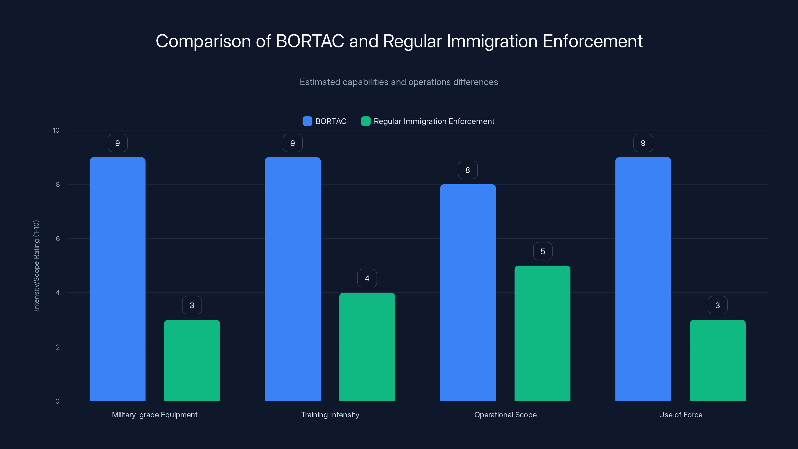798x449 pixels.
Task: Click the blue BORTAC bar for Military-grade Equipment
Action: point(117,279)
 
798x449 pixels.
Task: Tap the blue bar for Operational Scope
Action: point(468,293)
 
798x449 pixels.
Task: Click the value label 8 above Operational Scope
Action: point(468,170)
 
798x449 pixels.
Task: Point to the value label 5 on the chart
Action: point(543,251)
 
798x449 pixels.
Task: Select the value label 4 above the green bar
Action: point(367,278)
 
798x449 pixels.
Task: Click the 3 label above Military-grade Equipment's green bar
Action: point(192,305)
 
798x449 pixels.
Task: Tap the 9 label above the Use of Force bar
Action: point(643,143)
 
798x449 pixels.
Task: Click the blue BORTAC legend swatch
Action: point(307,121)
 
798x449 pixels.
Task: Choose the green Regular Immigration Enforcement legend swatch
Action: point(366,121)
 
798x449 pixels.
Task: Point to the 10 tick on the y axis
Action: point(56,130)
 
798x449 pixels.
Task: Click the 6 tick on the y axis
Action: point(58,239)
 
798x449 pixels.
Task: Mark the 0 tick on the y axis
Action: point(57,401)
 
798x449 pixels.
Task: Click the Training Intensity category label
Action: point(330,415)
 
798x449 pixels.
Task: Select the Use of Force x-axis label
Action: point(681,415)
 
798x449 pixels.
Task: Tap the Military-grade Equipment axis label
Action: point(155,415)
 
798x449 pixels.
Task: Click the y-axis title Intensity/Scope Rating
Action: point(36,265)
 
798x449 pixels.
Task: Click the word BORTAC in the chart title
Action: point(310,41)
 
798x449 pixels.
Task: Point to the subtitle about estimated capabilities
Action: point(399,82)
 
